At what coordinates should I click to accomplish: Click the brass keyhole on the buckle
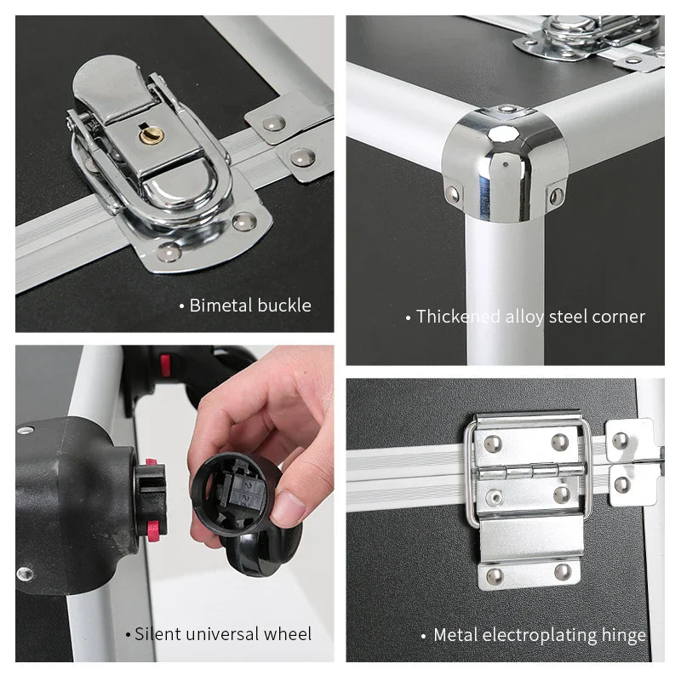tap(152, 135)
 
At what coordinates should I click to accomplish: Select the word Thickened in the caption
tap(458, 317)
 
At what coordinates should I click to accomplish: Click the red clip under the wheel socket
tap(154, 532)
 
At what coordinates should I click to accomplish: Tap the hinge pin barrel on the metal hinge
tap(531, 471)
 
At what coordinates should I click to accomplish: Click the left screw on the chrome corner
tap(452, 194)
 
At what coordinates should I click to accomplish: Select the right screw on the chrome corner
tap(557, 197)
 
